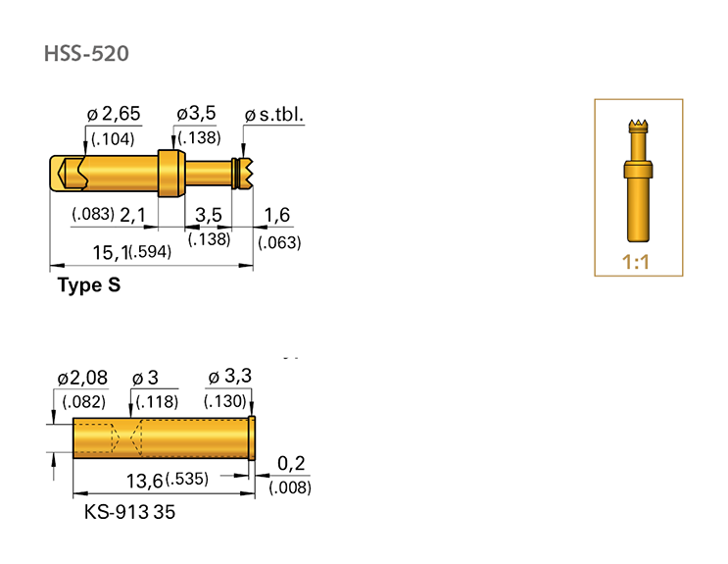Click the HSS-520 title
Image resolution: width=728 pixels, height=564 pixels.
click(x=85, y=53)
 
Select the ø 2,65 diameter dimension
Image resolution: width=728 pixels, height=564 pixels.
click(x=114, y=116)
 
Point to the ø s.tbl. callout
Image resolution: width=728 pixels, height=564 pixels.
click(x=273, y=116)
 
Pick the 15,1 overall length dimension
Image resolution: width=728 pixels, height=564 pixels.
click(x=111, y=252)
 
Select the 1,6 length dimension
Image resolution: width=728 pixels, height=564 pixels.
click(x=277, y=216)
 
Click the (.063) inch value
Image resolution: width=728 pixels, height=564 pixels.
click(x=278, y=242)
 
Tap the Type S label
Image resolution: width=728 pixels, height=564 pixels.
click(x=89, y=285)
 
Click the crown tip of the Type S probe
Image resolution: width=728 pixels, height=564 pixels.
click(x=246, y=173)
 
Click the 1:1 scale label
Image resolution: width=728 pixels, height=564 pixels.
click(x=636, y=263)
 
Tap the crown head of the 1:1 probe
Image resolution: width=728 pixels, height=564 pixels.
click(x=637, y=126)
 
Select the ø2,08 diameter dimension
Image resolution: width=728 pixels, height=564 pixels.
click(x=83, y=379)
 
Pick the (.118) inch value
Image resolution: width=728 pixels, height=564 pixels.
click(x=155, y=401)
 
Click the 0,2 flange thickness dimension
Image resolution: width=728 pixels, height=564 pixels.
click(x=290, y=463)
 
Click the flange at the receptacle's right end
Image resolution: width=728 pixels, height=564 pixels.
click(x=253, y=437)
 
